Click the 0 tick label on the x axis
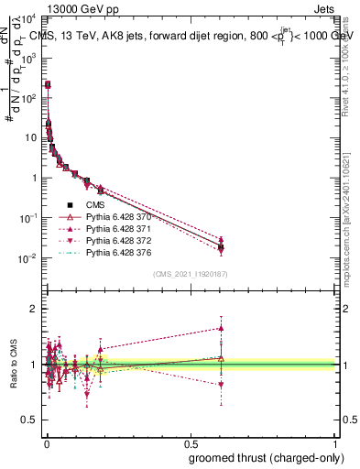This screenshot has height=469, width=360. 45,442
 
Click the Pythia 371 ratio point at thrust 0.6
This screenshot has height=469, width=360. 221,328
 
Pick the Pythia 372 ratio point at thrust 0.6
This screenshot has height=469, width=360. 221,385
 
